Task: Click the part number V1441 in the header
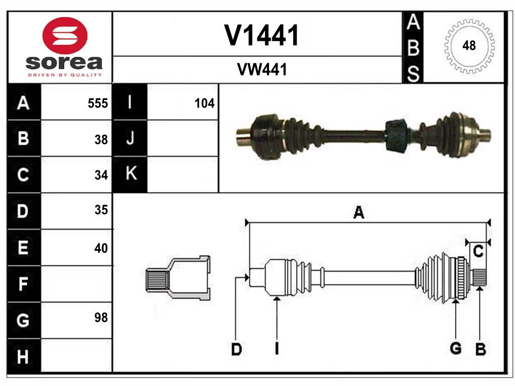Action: [262, 35]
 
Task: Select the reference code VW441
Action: [262, 70]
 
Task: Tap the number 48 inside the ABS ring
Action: [469, 46]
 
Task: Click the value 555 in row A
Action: [98, 104]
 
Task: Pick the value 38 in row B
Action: [101, 140]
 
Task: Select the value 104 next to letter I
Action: [204, 104]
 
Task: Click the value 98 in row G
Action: [101, 318]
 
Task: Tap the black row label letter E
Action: [23, 248]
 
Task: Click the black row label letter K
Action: [130, 174]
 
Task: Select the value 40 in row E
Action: [101, 248]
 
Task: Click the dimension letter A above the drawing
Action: [359, 213]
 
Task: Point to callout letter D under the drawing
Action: [236, 349]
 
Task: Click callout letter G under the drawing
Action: [456, 348]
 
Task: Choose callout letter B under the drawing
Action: [480, 349]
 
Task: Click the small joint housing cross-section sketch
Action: [178, 278]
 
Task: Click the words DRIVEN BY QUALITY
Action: [64, 75]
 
